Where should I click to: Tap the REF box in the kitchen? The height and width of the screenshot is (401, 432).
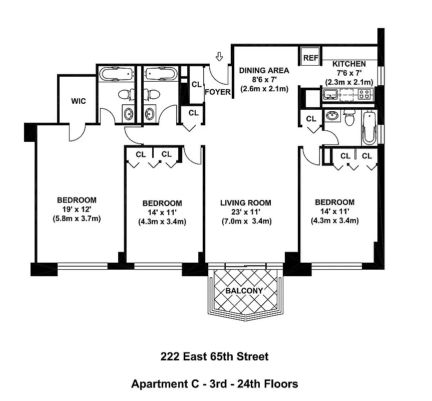click(x=310, y=58)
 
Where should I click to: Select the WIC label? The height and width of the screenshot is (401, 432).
click(x=79, y=101)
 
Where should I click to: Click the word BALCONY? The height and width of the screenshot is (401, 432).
click(x=244, y=291)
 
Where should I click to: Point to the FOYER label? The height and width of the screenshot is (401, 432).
click(x=218, y=92)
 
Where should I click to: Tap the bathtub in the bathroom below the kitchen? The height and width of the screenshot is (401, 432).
click(x=368, y=128)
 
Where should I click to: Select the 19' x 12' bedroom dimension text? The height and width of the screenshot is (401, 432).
click(x=77, y=209)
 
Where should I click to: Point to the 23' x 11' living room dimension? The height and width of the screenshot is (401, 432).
click(x=246, y=212)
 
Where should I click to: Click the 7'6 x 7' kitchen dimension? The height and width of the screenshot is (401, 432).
click(x=349, y=73)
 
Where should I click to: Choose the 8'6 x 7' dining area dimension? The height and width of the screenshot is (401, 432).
click(x=263, y=80)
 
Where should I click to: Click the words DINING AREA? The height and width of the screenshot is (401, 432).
click(x=263, y=70)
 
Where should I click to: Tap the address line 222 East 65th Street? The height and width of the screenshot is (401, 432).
click(x=214, y=357)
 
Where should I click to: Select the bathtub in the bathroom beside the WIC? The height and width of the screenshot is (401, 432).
click(x=117, y=74)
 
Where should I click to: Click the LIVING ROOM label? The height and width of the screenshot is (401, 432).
click(x=246, y=203)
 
